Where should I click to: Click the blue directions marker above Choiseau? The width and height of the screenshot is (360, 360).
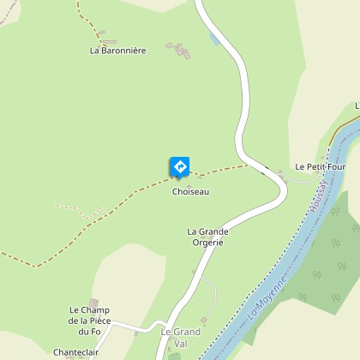click(x=180, y=165)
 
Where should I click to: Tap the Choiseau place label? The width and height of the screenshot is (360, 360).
click(x=190, y=191)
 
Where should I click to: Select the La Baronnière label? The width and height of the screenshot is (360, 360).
click(x=118, y=51)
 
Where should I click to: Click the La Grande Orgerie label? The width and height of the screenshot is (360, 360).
click(x=206, y=237)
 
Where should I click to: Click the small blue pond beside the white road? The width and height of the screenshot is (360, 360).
click(x=214, y=39)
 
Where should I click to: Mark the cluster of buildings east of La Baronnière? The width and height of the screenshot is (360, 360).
click(x=180, y=50)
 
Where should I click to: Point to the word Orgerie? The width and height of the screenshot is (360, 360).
click(x=207, y=242)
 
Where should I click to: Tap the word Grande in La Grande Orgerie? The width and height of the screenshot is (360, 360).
click(x=212, y=231)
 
